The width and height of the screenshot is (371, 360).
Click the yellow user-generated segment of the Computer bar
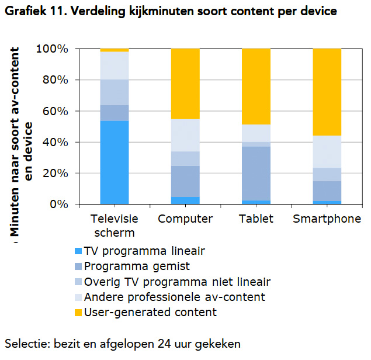click(185, 84)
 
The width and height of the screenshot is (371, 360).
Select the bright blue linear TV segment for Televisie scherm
click(115, 162)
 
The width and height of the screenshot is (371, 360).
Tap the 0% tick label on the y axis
click(61, 205)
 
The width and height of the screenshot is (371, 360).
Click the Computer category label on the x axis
click(185, 220)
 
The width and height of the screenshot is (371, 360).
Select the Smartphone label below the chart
click(327, 220)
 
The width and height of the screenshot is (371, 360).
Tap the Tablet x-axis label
click(256, 220)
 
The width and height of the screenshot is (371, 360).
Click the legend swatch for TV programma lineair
click(77, 252)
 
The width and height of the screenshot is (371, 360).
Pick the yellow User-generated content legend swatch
click(77, 313)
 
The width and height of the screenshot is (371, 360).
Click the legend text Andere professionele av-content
click(175, 297)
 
